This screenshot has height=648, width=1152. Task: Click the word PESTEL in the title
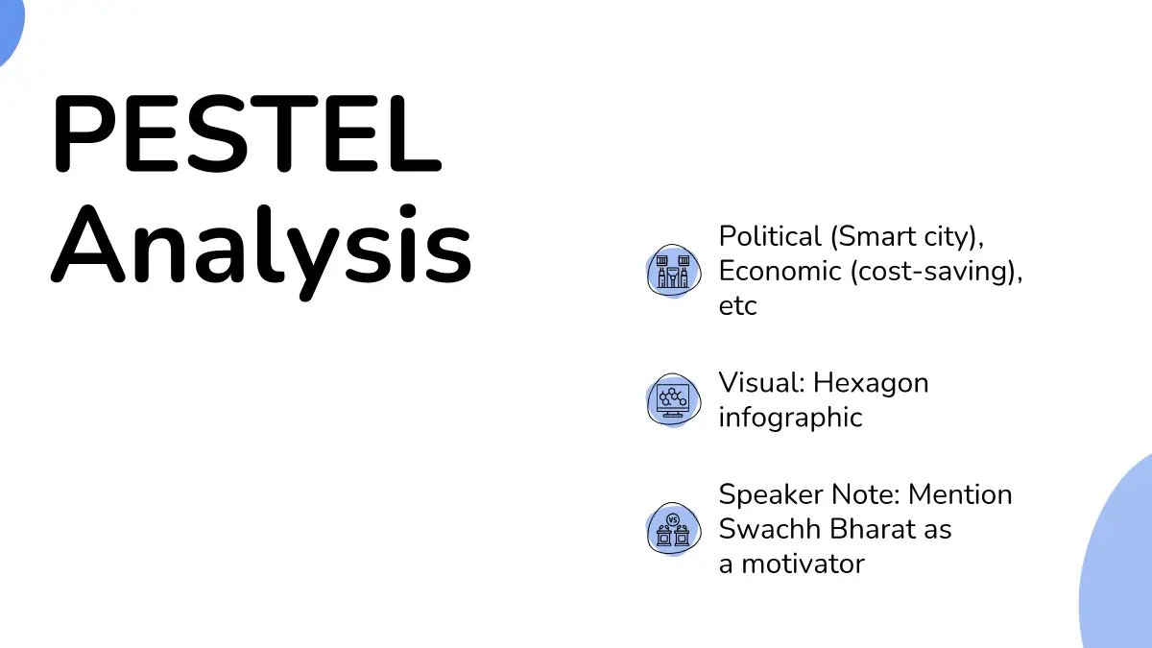(247, 133)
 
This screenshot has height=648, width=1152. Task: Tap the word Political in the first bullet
(770, 236)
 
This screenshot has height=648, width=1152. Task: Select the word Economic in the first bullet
(780, 271)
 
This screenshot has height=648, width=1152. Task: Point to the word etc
(738, 306)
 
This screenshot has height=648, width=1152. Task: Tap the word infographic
(790, 418)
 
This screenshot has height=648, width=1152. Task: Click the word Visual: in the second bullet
(761, 383)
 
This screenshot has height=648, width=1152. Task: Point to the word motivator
(803, 564)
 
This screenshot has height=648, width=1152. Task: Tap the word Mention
(960, 494)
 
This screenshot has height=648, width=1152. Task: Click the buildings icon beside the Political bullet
(673, 271)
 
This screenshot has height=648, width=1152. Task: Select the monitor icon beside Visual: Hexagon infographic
(673, 400)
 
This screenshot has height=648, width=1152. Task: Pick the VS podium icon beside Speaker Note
(673, 529)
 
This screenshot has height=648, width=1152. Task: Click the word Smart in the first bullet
(877, 236)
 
